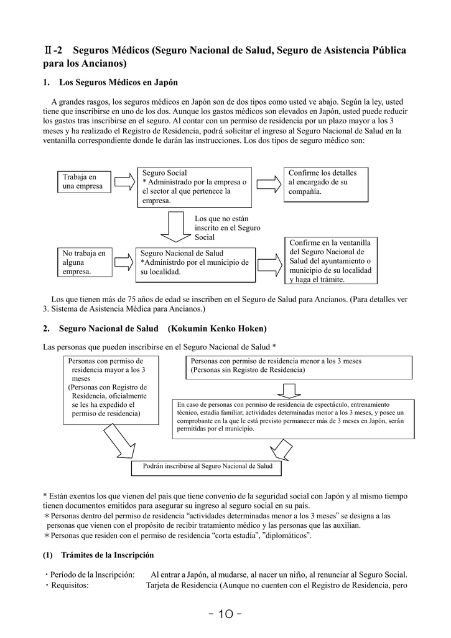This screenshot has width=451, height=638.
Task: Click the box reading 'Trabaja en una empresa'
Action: (x=85, y=181)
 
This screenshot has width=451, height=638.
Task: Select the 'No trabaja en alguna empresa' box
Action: (x=85, y=262)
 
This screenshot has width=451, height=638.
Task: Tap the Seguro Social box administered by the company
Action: (x=194, y=187)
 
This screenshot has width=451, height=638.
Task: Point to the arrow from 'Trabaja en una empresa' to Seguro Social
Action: (x=124, y=182)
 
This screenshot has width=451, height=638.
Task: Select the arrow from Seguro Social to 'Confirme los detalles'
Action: (x=269, y=183)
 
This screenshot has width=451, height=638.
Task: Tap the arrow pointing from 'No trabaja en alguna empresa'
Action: (x=124, y=262)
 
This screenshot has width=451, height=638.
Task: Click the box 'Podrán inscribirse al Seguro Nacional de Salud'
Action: (x=207, y=466)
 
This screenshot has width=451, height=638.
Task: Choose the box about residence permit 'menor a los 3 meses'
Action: (x=299, y=366)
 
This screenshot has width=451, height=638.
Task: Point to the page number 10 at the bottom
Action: (x=225, y=613)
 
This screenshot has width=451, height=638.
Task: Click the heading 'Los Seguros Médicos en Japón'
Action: (x=118, y=82)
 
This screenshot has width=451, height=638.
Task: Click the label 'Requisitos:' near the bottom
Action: (x=68, y=585)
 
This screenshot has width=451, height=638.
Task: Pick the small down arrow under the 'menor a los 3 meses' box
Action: (x=288, y=389)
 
